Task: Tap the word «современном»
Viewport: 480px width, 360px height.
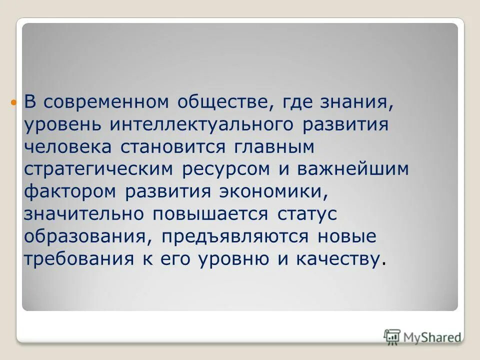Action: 105,102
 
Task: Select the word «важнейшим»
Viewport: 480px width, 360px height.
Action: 353,169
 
